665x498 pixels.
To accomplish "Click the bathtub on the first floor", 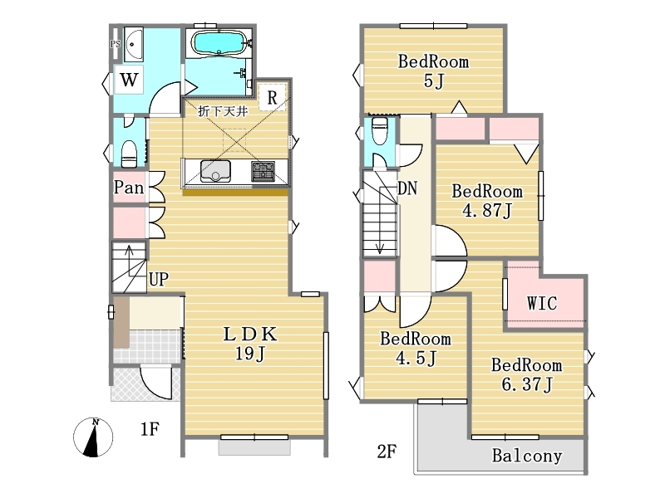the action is click(x=219, y=42).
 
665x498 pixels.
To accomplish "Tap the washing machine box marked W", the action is click(x=129, y=80).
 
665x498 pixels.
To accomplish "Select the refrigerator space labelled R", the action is click(x=273, y=97).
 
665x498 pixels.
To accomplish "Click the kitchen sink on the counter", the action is click(x=215, y=171).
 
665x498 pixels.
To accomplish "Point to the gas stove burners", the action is click(x=263, y=172).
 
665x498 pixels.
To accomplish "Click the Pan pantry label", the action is click(x=129, y=188).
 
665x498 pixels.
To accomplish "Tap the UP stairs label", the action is click(x=159, y=279).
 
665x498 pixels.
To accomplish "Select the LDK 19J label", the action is click(x=250, y=344).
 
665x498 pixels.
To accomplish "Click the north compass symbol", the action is click(x=93, y=437).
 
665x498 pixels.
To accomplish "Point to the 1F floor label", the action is click(x=150, y=429).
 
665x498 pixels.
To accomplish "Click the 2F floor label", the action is click(x=387, y=452).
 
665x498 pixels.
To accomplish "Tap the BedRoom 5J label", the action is click(x=433, y=71).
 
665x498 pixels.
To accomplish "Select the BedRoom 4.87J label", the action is click(x=487, y=201).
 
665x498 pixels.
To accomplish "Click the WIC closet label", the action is click(x=542, y=303).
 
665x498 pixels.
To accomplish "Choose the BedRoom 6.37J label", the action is click(x=527, y=375).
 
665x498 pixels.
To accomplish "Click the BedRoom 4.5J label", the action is click(x=416, y=348).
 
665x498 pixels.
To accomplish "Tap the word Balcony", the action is click(x=527, y=456).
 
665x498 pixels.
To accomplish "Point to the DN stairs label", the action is click(x=407, y=188).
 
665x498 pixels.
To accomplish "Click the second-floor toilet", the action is click(x=380, y=130).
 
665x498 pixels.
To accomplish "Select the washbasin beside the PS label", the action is click(x=133, y=44).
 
